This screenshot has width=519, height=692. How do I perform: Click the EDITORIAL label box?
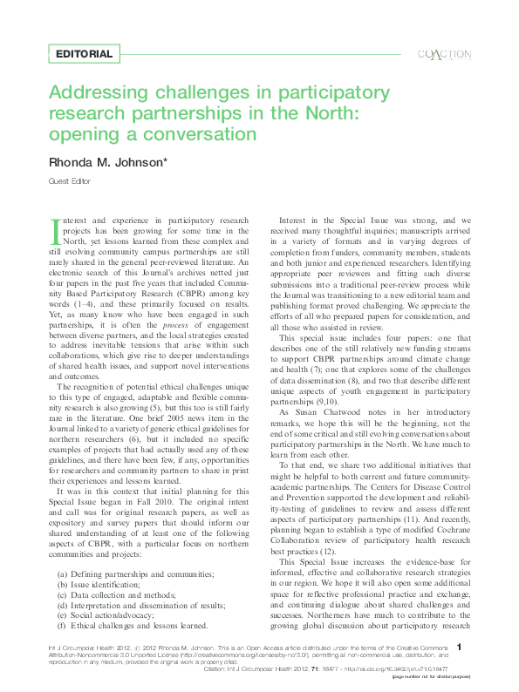[x=84, y=54]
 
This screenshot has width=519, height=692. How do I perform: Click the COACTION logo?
[x=444, y=54]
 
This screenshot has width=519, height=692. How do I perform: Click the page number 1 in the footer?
[x=470, y=668]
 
